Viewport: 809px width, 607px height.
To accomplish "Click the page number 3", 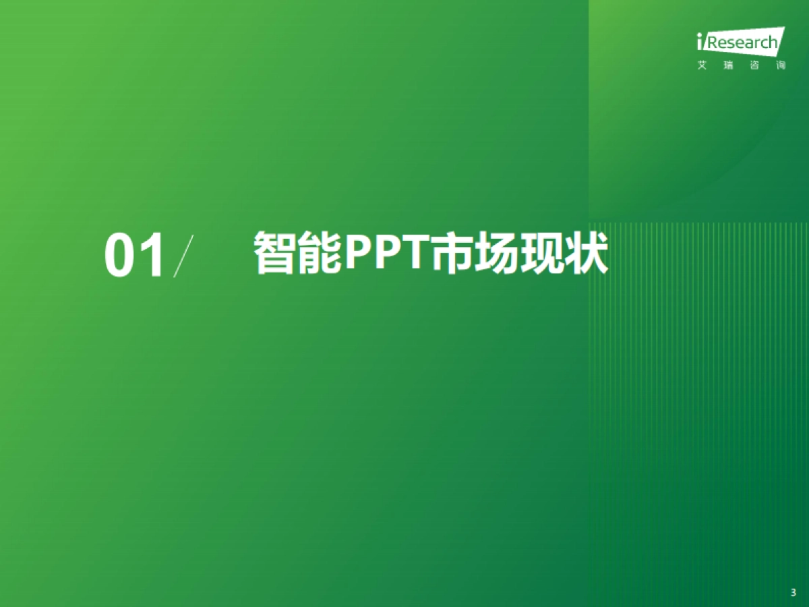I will click(793, 593).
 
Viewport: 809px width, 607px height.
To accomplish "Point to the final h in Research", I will click(773, 43).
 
